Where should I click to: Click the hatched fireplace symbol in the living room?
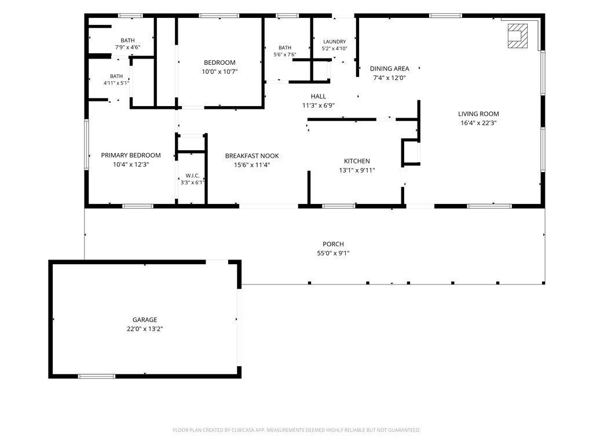tap(517, 36)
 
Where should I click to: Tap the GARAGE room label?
tap(145, 320)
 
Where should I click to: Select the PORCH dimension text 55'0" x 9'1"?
tap(333, 253)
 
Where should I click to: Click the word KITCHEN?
tap(357, 161)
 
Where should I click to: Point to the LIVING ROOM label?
tap(478, 114)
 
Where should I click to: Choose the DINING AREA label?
tap(390, 68)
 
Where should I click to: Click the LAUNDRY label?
tap(334, 42)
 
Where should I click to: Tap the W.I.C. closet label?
tap(192, 176)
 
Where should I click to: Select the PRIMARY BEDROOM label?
tap(131, 155)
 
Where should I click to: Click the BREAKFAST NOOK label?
tap(252, 156)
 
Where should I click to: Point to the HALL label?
tap(319, 97)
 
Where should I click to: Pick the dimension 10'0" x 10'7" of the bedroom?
tap(219, 71)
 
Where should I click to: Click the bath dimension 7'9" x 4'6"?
tap(128, 48)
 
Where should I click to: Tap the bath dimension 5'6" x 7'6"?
tap(285, 54)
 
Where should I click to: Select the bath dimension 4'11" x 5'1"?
tap(116, 83)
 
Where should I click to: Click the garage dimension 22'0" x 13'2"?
tap(145, 329)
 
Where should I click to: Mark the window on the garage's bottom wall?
tap(97, 376)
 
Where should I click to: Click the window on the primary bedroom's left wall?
tap(87, 144)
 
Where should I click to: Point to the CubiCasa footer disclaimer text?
tap(296, 431)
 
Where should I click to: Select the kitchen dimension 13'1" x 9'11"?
tap(357, 170)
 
